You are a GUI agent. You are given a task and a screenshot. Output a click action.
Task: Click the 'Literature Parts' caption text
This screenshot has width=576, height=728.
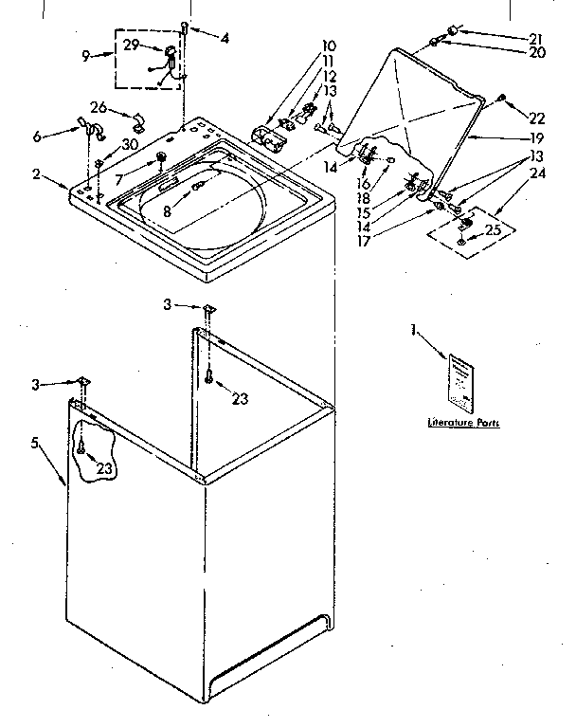(463, 422)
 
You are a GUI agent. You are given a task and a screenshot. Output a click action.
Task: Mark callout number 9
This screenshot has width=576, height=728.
(85, 56)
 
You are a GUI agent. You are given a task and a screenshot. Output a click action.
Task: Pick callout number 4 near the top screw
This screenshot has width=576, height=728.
(224, 39)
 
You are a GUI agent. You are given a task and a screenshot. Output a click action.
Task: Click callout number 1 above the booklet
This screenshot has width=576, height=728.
(414, 330)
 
